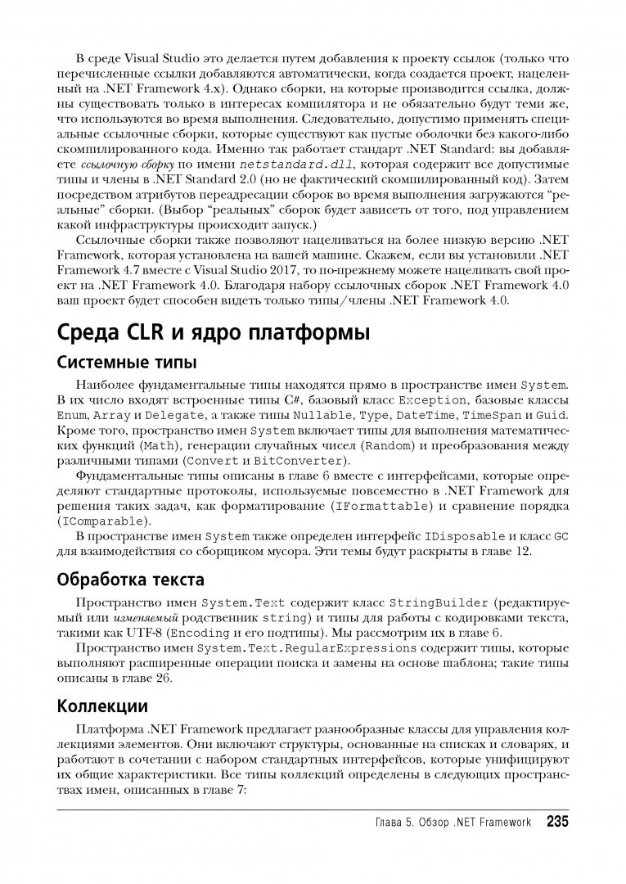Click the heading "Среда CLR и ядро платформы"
point(211,334)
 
